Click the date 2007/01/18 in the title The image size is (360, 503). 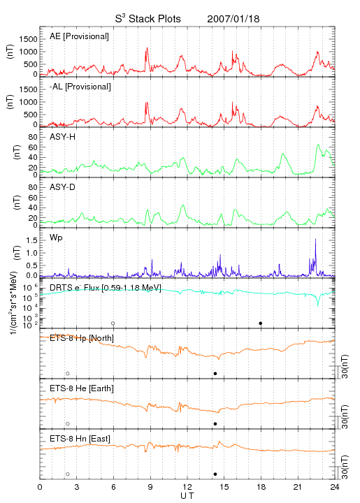tap(233, 19)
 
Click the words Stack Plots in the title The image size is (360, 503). tap(154, 19)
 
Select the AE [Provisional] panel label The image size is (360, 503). tap(79, 36)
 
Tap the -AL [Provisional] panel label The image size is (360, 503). tap(80, 87)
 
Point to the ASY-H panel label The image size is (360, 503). tap(63, 137)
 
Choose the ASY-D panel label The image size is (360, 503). tap(63, 187)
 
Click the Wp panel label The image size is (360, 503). tap(56, 238)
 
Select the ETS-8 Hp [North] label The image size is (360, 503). tap(82, 338)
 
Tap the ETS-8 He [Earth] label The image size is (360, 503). tap(82, 388)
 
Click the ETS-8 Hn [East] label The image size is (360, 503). tap(80, 439)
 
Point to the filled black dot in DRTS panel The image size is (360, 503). tap(261, 323)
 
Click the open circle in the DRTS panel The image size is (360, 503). tap(113, 323)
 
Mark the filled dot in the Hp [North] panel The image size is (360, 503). tap(215, 373)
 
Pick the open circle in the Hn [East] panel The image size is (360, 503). tap(68, 474)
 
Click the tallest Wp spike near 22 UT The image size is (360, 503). tap(315, 239)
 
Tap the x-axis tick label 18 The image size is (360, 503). tap(261, 487)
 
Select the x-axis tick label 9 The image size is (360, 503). tap(150, 487)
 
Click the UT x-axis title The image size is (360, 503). tap(187, 496)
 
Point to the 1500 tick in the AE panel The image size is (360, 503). tap(28, 39)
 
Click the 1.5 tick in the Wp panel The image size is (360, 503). tap(32, 240)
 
